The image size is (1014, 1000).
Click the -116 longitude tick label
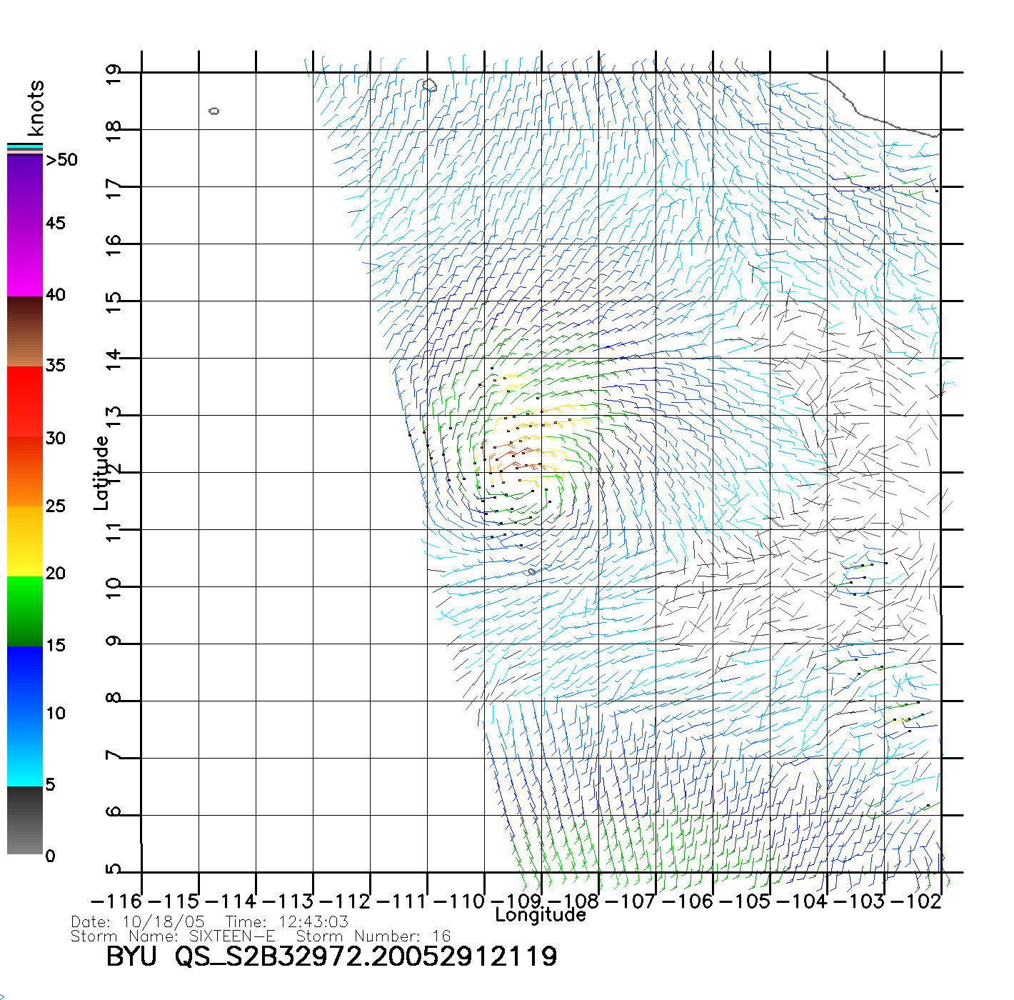(x=116, y=901)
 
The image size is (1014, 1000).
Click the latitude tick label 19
(x=113, y=75)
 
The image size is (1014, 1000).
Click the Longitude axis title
(x=541, y=915)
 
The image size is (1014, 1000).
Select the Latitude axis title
(x=101, y=473)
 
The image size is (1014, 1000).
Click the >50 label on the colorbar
(x=61, y=160)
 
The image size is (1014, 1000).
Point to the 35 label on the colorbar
(x=55, y=366)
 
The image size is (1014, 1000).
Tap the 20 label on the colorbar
(x=55, y=573)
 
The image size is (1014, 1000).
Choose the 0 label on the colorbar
(x=50, y=856)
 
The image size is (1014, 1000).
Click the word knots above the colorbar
(x=36, y=108)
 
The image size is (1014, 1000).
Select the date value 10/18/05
(x=164, y=921)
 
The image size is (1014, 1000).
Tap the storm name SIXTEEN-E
(x=232, y=936)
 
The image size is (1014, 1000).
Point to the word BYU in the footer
(x=131, y=956)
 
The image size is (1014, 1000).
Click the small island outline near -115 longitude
(x=214, y=111)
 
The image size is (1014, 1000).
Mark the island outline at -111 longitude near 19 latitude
(x=429, y=86)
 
